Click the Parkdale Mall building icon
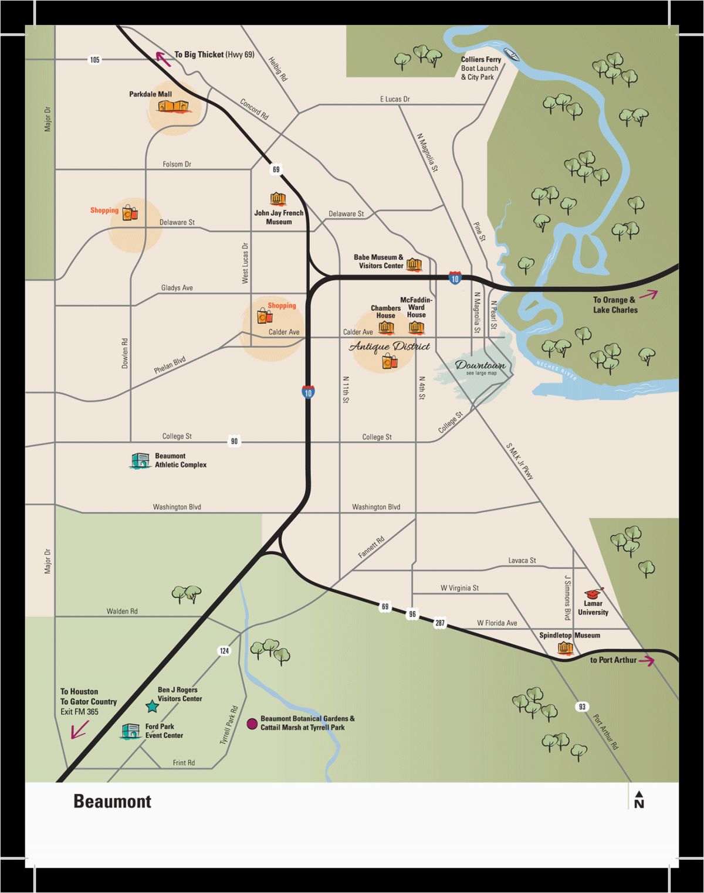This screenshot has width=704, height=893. coord(174,106)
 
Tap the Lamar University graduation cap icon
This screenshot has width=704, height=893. coord(594,592)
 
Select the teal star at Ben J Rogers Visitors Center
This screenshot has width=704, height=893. coord(151,706)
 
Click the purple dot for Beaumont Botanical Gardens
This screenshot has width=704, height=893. coord(252,724)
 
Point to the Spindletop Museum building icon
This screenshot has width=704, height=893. coord(564,647)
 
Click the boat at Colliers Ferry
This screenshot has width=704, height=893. coord(513,56)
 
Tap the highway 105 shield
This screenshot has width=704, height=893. coord(94,60)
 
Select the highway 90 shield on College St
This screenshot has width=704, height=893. coord(234,441)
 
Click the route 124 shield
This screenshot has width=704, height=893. coord(224,651)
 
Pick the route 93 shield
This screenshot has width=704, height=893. coord(581,707)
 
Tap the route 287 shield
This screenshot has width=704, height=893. coord(439,623)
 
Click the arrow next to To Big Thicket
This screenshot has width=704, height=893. coord(163,59)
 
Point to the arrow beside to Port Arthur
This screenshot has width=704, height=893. coord(647,661)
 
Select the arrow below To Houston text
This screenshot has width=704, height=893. coord(79,730)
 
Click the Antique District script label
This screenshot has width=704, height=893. coord(390,347)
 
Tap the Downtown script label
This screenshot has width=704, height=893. coord(480,365)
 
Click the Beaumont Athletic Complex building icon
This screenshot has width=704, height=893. coord(140,461)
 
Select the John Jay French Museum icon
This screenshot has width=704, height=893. coord(277,199)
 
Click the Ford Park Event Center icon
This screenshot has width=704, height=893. coord(130,731)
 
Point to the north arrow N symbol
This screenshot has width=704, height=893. coord(639,800)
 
